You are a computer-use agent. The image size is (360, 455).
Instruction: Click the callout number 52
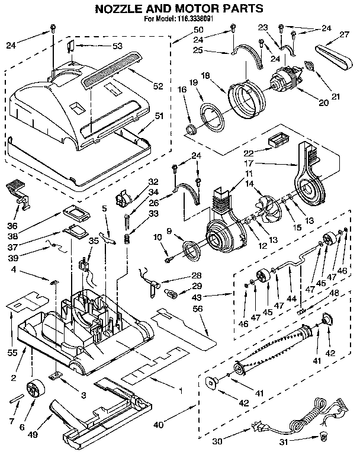click(157, 86)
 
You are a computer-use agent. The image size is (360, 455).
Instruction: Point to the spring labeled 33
click(126, 239)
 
